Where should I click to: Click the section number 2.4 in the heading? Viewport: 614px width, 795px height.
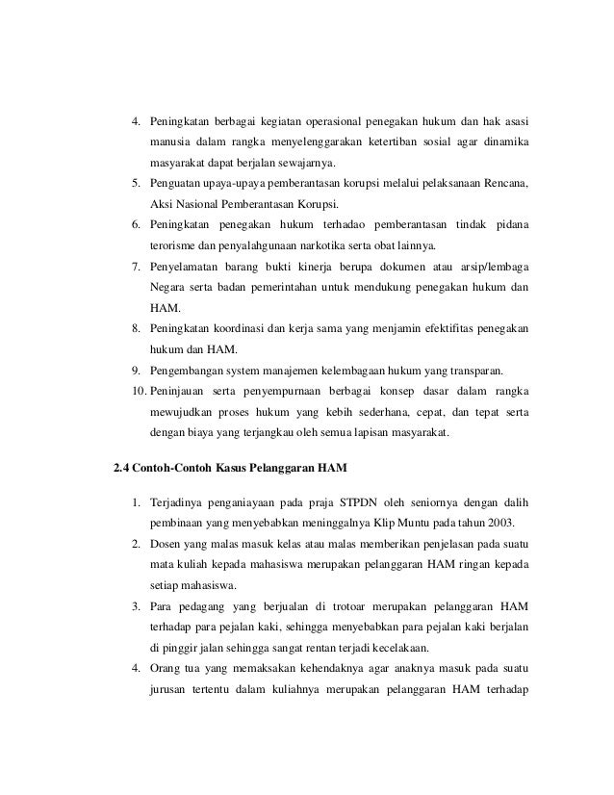[122, 469]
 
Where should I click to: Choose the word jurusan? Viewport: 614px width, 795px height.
[171, 690]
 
